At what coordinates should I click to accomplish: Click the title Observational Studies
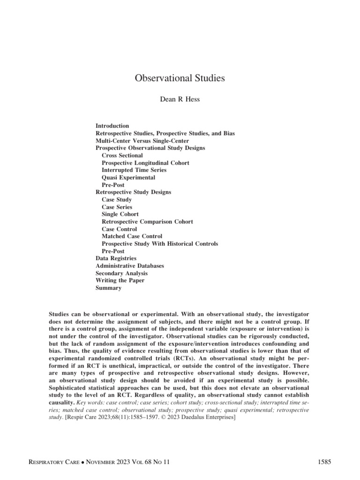pos(180,78)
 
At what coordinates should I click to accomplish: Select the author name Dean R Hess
pos(180,99)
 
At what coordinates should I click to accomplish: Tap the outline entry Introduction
pos(112,126)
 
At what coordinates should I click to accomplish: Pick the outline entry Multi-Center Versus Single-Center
pos(136,141)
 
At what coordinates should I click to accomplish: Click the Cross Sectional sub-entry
pos(122,155)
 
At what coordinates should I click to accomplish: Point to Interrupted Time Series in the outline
pos(134,170)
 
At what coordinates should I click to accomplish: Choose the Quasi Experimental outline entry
pos(128,177)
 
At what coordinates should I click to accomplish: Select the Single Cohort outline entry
pos(120,214)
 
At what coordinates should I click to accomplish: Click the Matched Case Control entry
pos(132,236)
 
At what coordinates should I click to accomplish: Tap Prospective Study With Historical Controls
pos(159,244)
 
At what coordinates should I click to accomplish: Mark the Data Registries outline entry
pos(116,258)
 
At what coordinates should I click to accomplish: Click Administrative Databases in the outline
pos(130,266)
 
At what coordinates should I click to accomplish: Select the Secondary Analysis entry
pos(121,273)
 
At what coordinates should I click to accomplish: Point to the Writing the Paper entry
pos(120,280)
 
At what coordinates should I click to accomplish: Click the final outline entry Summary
pos(108,288)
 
